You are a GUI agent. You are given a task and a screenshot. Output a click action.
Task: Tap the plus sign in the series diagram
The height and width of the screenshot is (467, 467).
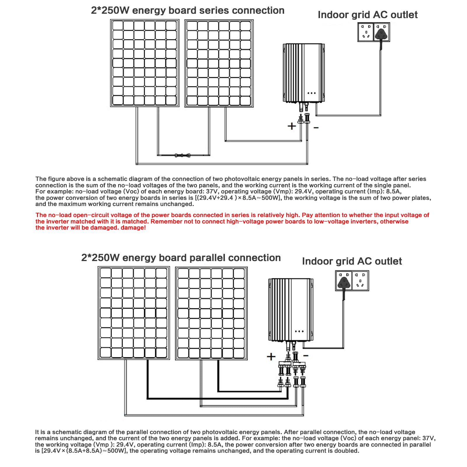292,126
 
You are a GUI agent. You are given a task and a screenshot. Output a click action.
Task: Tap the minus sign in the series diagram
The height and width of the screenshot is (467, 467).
316,127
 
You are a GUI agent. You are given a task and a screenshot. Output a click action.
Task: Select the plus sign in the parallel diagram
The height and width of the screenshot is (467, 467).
271,356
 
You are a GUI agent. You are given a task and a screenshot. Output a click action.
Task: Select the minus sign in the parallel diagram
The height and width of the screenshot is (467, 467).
306,355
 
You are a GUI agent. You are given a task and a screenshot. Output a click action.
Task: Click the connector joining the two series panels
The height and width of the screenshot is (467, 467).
183,155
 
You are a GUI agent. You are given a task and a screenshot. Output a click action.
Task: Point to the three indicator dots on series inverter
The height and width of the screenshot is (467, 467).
312,93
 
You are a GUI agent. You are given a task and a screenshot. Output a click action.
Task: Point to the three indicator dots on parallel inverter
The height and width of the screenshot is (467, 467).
299,331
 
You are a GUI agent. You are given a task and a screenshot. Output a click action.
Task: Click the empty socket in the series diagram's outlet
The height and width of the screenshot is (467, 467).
366,32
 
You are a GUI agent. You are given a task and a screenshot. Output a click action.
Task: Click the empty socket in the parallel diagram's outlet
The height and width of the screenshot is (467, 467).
360,281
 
